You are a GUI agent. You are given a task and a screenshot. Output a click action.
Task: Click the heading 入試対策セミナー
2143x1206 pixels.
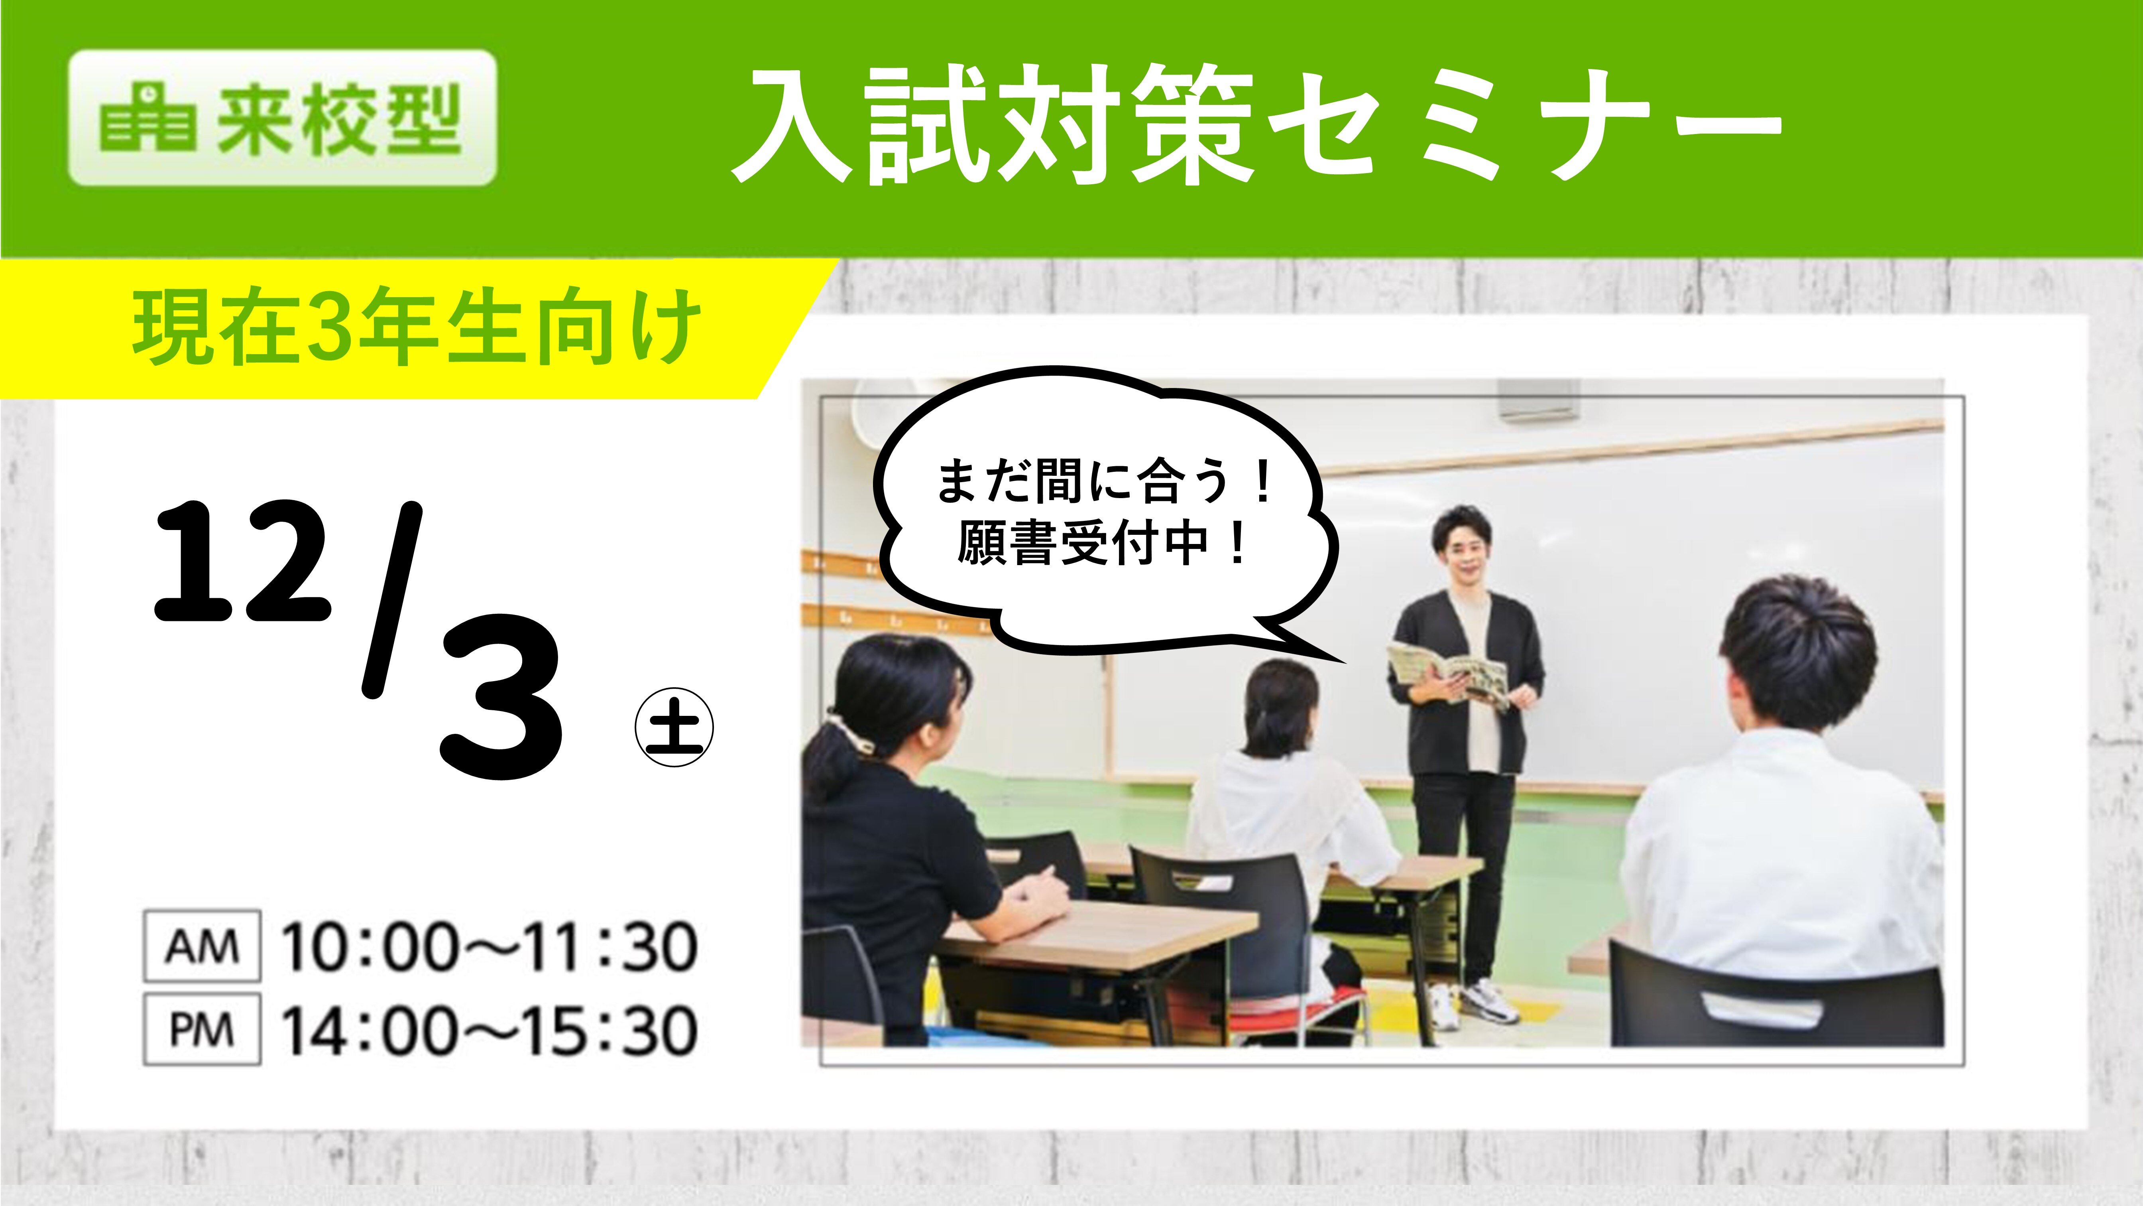[x=1256, y=125]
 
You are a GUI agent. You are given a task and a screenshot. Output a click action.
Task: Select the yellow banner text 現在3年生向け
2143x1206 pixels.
[x=416, y=327]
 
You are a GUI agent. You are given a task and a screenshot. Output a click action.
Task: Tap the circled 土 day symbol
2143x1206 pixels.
[x=674, y=727]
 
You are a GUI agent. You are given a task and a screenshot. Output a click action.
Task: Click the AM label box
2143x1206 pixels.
[x=202, y=946]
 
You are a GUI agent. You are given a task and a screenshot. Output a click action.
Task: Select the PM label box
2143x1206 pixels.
[x=202, y=1030]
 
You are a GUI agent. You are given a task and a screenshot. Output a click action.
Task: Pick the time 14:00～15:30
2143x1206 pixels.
[x=489, y=1031]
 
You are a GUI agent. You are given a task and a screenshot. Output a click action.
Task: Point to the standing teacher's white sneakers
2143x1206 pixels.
[x=1477, y=1003]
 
